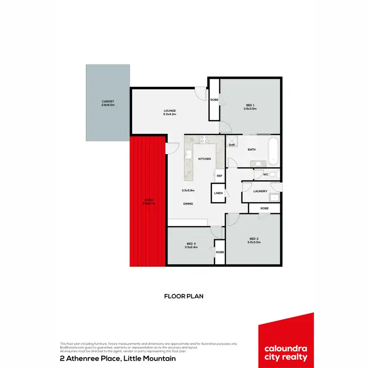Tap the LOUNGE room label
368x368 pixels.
tap(170, 111)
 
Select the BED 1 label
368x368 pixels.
tap(250, 105)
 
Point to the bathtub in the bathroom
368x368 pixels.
tap(274, 151)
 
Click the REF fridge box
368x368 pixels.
tap(219, 176)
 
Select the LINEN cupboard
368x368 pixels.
tap(218, 193)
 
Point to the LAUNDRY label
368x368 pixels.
tap(261, 191)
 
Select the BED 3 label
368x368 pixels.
tap(191, 244)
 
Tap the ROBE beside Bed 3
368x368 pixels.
tap(219, 252)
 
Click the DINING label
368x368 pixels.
tap(187, 204)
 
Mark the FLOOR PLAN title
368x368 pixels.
tap(184, 296)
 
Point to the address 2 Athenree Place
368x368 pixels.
tap(117, 359)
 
